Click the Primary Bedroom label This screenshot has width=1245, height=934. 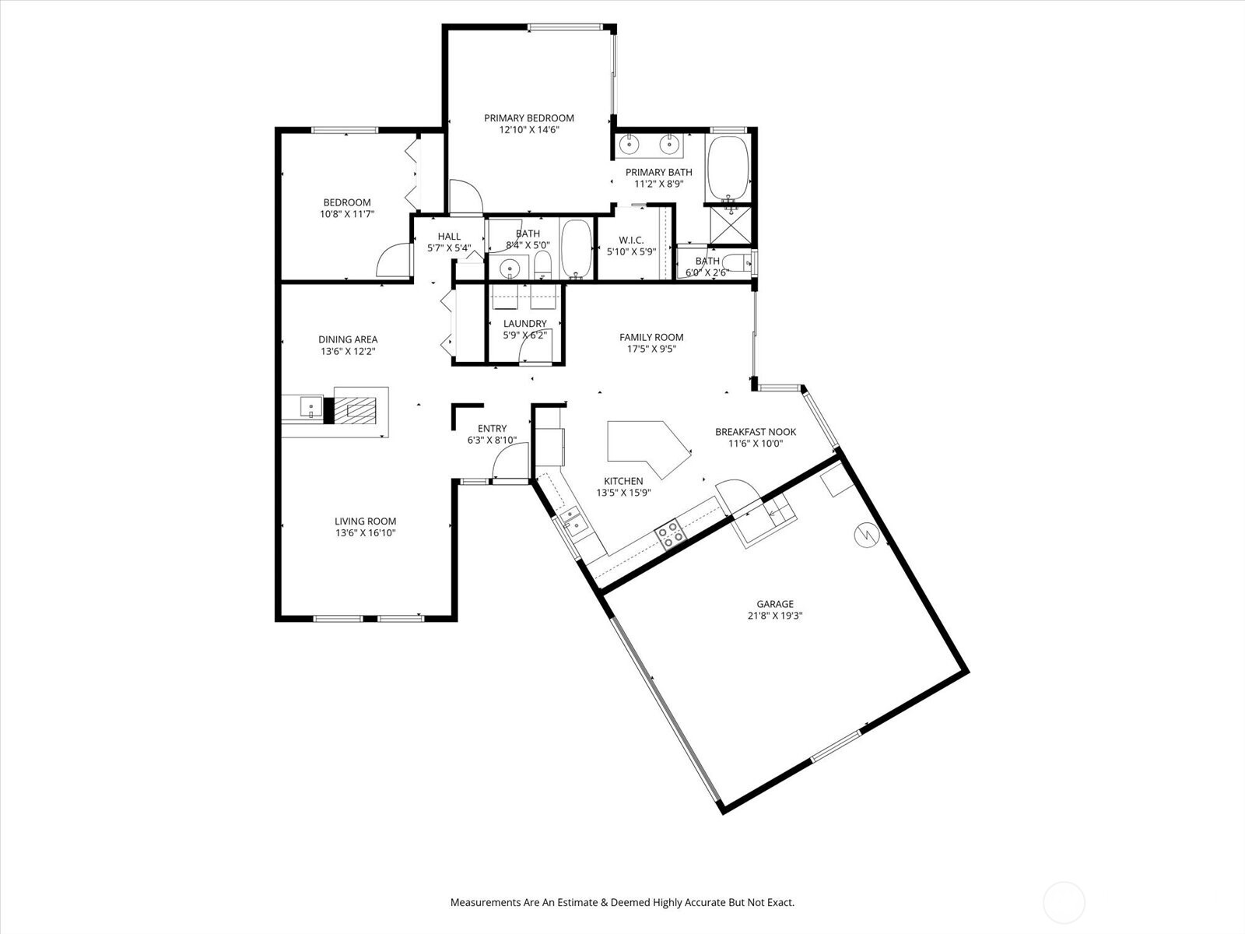click(x=528, y=118)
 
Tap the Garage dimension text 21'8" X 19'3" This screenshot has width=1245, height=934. click(x=775, y=616)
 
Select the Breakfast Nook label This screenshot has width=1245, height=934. click(x=756, y=431)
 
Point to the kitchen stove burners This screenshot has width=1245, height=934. click(x=668, y=534)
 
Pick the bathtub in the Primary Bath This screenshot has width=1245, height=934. click(x=728, y=168)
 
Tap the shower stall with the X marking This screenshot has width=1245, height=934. click(x=731, y=225)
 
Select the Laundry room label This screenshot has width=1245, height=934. click(x=524, y=323)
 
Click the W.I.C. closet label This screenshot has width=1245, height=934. click(x=631, y=240)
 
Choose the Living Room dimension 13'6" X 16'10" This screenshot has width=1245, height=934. click(x=365, y=533)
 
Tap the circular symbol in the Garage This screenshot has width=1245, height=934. click(x=866, y=534)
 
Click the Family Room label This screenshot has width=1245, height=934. click(x=651, y=338)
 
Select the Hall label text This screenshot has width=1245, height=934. click(x=449, y=237)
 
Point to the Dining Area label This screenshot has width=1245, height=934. click(x=348, y=339)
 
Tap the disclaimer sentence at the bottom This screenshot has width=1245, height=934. click(x=622, y=902)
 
